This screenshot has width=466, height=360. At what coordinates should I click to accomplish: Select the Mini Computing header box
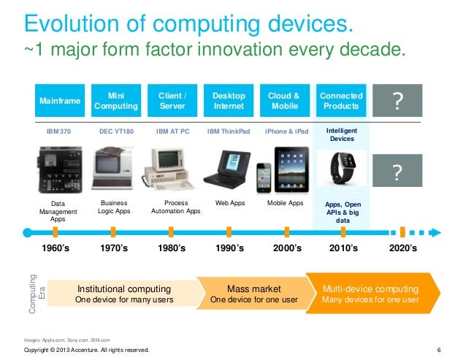(115, 101)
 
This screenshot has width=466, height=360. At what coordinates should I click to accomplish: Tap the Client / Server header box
(172, 101)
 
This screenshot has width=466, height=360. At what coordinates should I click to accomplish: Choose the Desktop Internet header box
(229, 101)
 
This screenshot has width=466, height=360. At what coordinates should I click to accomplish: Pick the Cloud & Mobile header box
(284, 101)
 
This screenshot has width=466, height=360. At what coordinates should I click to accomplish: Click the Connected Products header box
(340, 101)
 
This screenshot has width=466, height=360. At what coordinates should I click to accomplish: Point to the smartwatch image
(341, 167)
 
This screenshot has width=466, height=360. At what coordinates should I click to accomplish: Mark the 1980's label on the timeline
(172, 248)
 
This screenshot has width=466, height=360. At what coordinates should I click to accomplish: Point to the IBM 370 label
(58, 131)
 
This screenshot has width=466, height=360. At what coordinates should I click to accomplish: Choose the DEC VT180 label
(115, 131)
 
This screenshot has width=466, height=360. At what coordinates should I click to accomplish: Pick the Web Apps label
(229, 203)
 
